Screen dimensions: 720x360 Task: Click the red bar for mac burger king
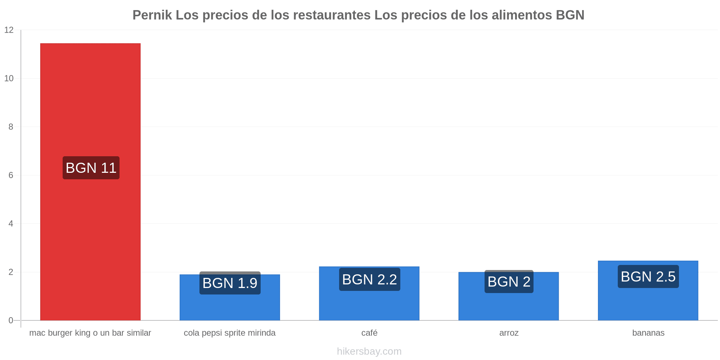[90, 182]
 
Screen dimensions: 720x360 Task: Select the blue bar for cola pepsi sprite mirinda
[230, 297]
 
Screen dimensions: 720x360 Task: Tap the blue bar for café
[369, 293]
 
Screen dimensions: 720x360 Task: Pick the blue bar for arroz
[509, 296]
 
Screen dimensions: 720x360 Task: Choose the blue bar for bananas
[648, 291]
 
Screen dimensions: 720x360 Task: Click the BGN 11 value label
[91, 168]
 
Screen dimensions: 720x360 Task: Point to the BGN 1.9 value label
[230, 283]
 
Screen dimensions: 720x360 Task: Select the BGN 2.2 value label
[370, 279]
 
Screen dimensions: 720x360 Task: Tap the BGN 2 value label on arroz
[509, 282]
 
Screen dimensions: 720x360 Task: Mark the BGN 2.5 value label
[648, 276]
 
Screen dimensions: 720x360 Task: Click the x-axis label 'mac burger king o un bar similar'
[90, 333]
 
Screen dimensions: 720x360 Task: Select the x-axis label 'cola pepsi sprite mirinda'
[230, 333]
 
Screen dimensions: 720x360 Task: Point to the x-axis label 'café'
[369, 333]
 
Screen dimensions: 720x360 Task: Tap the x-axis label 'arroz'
[509, 333]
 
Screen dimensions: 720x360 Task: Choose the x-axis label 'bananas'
[648, 333]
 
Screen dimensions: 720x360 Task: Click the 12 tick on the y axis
[9, 30]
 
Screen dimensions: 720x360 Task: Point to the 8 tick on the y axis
[11, 127]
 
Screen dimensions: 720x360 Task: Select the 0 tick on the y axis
[11, 320]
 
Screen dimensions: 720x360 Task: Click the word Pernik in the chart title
[152, 15]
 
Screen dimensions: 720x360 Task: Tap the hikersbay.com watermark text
[369, 351]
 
